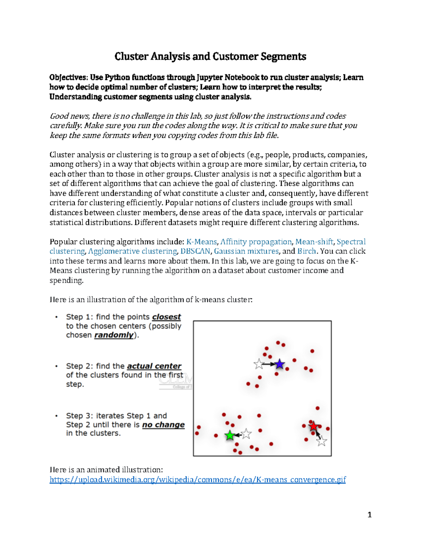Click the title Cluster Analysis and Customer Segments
(210, 56)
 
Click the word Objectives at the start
(68, 77)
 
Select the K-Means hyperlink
(201, 242)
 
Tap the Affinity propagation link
(256, 242)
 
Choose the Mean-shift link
(314, 242)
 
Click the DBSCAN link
(195, 251)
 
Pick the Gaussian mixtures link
(246, 251)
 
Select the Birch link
(307, 251)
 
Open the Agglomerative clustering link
(133, 251)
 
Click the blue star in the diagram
(280, 364)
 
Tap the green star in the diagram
(230, 435)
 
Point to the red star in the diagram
(313, 426)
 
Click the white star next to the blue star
(259, 364)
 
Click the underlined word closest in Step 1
(166, 317)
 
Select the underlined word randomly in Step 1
(114, 335)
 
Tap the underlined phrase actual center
(154, 366)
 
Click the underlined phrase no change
(163, 425)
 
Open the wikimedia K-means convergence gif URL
(198, 480)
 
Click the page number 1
(369, 515)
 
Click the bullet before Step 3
(56, 416)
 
